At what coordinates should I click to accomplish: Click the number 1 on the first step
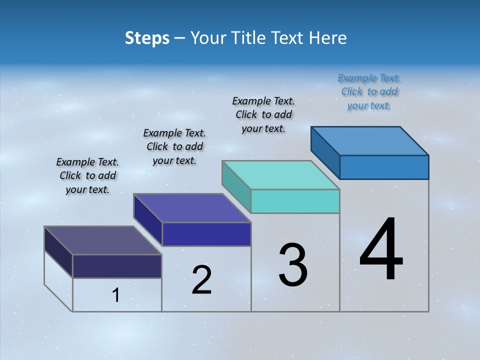(116, 295)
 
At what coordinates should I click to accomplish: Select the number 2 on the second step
(201, 280)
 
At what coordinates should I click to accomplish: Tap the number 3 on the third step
(293, 265)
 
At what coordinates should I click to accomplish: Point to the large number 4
(381, 250)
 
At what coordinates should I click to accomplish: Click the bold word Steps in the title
(147, 38)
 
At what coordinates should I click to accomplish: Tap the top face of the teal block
(280, 175)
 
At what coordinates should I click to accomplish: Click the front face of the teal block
(295, 201)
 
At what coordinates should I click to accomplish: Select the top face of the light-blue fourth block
(370, 140)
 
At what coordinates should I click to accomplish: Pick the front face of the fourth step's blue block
(384, 167)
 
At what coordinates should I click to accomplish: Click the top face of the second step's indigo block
(192, 208)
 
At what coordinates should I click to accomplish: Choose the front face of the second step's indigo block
(206, 234)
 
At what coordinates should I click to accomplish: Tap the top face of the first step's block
(102, 240)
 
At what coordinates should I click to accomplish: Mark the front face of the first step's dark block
(117, 266)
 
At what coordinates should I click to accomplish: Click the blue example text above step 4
(369, 92)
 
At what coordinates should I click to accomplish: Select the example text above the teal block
(263, 114)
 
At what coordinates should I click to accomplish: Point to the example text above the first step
(87, 175)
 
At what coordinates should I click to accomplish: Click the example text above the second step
(174, 146)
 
